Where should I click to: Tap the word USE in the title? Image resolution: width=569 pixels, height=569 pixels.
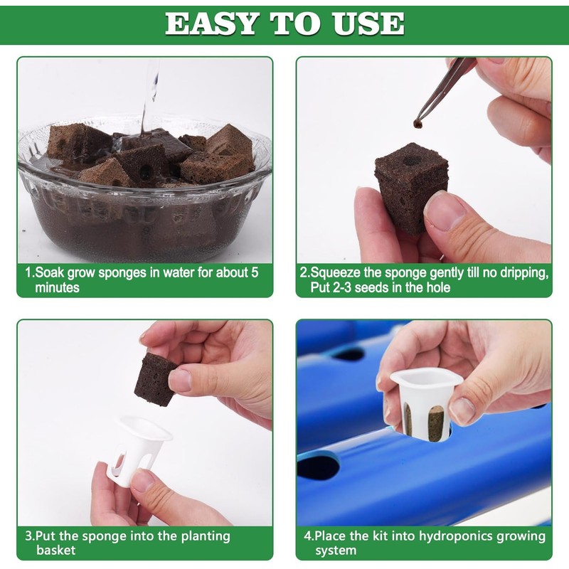point(370,23)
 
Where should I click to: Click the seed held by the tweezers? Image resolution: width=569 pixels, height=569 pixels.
point(416,124)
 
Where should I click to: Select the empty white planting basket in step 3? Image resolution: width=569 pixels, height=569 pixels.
point(139,448)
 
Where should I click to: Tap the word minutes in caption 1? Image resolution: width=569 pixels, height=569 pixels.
point(57,288)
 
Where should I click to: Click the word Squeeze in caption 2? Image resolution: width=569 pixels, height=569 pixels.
point(335,272)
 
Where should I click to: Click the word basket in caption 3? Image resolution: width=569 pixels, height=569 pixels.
point(55,551)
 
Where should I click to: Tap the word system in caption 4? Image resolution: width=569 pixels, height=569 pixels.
point(335,551)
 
